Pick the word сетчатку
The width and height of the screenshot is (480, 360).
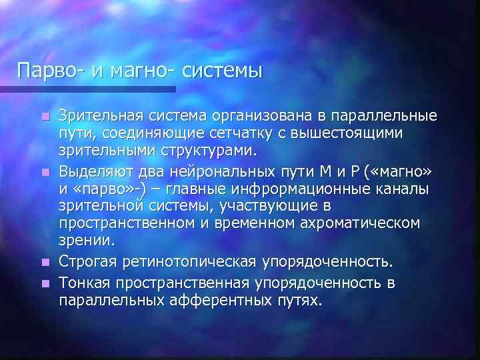click(x=259, y=133)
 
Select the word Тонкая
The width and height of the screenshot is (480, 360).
click(x=83, y=283)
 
